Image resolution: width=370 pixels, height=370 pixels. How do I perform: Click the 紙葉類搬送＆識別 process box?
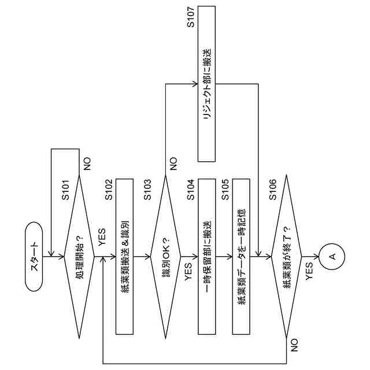pos(125,256)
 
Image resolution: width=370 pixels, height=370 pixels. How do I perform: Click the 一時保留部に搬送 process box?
pos(207,256)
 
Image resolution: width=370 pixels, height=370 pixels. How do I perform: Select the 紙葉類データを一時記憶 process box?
pos(241,256)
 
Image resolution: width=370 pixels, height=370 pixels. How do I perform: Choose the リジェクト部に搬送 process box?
pos(207,84)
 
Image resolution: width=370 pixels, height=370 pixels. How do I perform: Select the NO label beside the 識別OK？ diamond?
pos(173,164)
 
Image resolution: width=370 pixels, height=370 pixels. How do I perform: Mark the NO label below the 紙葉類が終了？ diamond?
pos(294,346)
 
